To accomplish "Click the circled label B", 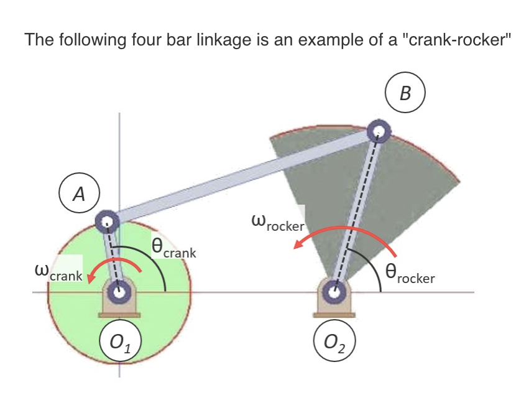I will pos(405,94).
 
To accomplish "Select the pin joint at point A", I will pos(107,220).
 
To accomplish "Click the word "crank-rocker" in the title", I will pos(456,40).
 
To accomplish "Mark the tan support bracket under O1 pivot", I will pos(120,310).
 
